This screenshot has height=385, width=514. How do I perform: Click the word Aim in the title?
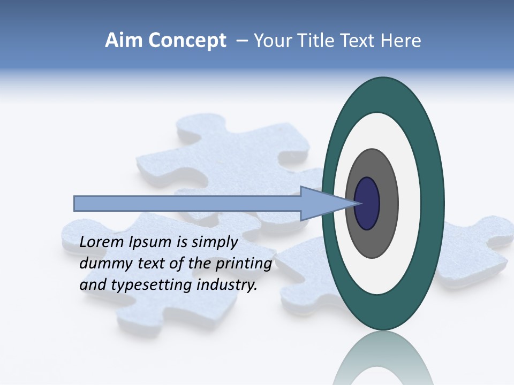pos(123,41)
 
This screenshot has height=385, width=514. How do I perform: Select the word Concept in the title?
pos(187,41)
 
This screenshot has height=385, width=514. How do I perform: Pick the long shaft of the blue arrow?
pos(187,204)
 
